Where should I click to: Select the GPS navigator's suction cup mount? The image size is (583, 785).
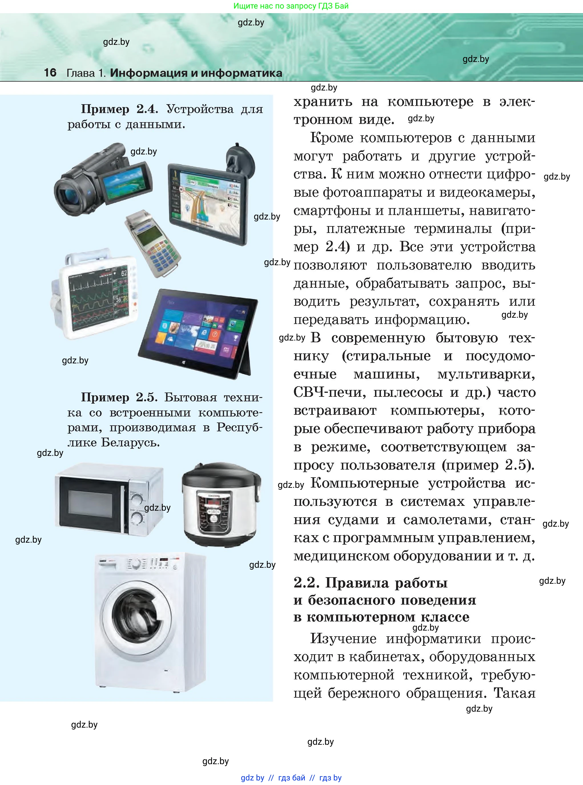(240, 158)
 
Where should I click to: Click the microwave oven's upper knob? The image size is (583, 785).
(137, 499)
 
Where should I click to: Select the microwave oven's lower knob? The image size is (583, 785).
(137, 518)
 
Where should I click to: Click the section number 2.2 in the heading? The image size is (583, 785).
(306, 583)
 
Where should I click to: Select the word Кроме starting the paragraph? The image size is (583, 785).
(331, 138)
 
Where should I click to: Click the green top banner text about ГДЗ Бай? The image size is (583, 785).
(291, 6)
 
